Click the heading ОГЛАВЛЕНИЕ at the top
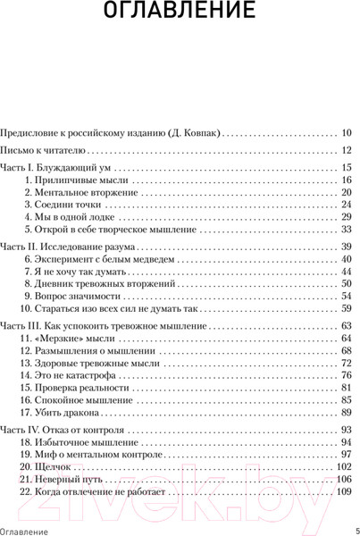(x=180, y=15)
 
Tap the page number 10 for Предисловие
(x=347, y=131)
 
